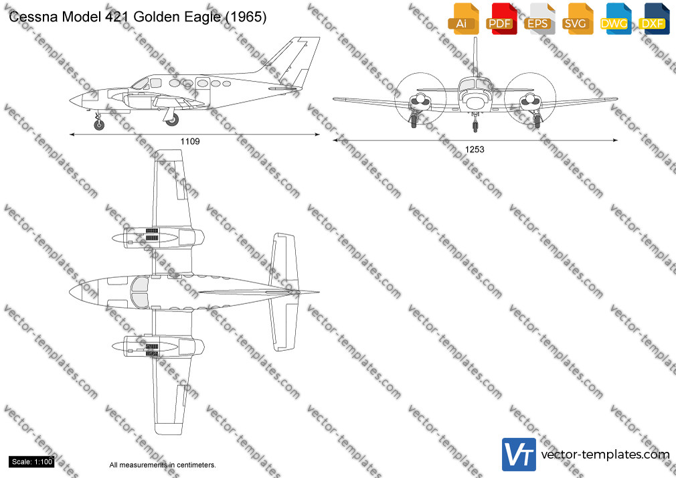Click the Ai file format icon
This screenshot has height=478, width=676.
point(463,19)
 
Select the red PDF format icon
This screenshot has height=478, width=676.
point(501,19)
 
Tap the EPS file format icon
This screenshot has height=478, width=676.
point(539,19)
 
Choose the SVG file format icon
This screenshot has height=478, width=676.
point(577,19)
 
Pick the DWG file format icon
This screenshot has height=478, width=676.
point(616,19)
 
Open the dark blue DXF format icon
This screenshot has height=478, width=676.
point(654,19)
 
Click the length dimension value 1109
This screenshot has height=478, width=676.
point(190,141)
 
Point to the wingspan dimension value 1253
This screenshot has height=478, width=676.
point(475,149)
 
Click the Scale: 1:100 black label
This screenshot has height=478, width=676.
point(32,462)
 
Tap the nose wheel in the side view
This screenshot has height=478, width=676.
point(99,125)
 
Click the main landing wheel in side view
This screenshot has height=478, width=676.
point(173,119)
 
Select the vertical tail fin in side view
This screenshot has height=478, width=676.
point(293,62)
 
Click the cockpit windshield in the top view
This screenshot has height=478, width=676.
point(139,292)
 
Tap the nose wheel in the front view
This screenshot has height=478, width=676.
point(475,127)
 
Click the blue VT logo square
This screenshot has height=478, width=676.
point(519,455)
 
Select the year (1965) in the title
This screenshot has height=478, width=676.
point(246,17)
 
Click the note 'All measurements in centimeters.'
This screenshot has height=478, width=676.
point(163,465)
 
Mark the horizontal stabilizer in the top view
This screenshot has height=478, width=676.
point(283,292)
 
